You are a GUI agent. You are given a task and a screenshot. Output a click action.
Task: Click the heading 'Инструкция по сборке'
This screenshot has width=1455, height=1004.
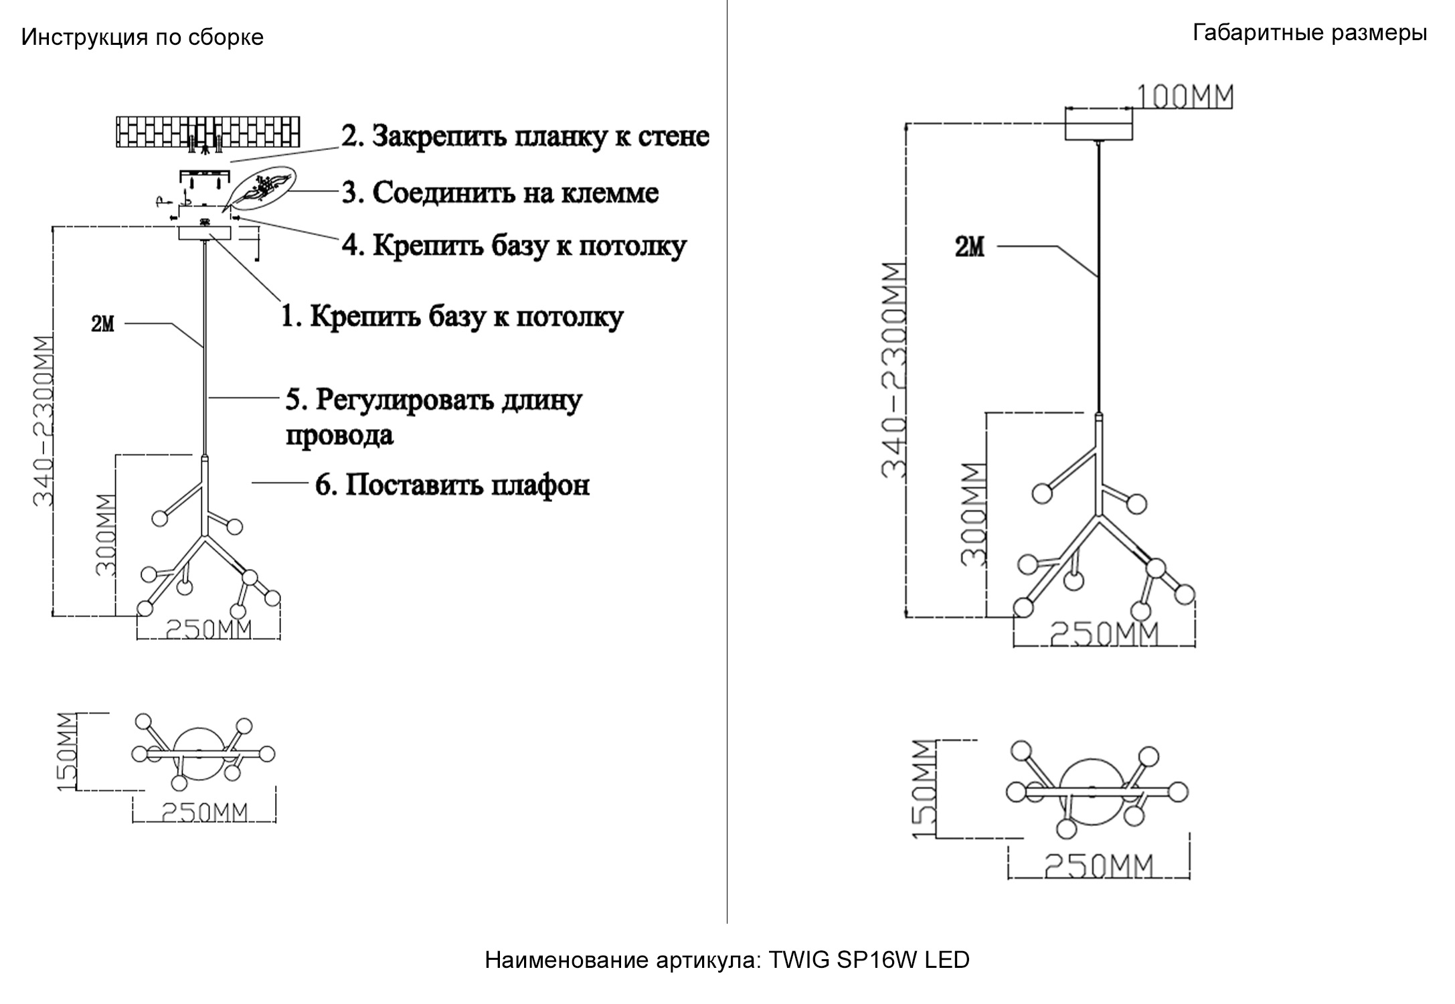click(142, 37)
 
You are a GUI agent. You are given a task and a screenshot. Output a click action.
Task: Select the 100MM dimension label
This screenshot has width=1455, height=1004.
click(1185, 97)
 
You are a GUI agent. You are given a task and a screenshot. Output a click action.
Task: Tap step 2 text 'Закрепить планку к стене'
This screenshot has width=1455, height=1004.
click(525, 136)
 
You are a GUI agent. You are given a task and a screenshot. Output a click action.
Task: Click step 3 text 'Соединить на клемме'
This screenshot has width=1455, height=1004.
click(500, 193)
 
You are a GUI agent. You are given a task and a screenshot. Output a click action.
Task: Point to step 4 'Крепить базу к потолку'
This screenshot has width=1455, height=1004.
click(513, 246)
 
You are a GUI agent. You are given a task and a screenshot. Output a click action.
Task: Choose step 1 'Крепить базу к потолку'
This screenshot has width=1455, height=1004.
click(452, 317)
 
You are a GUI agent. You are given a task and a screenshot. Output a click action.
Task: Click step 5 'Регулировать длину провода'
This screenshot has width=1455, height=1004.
click(433, 416)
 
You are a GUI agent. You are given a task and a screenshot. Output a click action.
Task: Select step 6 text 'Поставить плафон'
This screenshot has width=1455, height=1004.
click(452, 485)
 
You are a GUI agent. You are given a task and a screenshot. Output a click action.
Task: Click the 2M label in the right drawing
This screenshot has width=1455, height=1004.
click(970, 248)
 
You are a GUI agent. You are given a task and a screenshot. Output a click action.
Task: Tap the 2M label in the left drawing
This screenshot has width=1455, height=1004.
click(102, 325)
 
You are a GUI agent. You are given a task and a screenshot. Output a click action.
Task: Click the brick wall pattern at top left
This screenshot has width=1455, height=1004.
click(207, 132)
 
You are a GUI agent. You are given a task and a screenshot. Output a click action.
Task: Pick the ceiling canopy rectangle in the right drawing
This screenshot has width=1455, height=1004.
click(1098, 124)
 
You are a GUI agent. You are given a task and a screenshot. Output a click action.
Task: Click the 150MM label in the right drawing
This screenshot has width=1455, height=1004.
click(924, 789)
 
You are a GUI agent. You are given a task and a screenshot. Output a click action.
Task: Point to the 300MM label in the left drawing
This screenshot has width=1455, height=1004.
click(106, 535)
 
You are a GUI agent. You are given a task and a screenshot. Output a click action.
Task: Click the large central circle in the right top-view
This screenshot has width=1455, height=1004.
click(1092, 783)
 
